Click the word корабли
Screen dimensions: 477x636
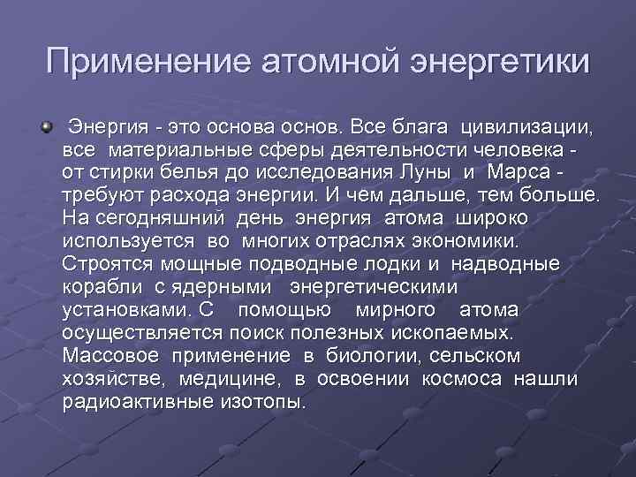click(100, 286)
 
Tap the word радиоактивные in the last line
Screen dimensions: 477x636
click(133, 401)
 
